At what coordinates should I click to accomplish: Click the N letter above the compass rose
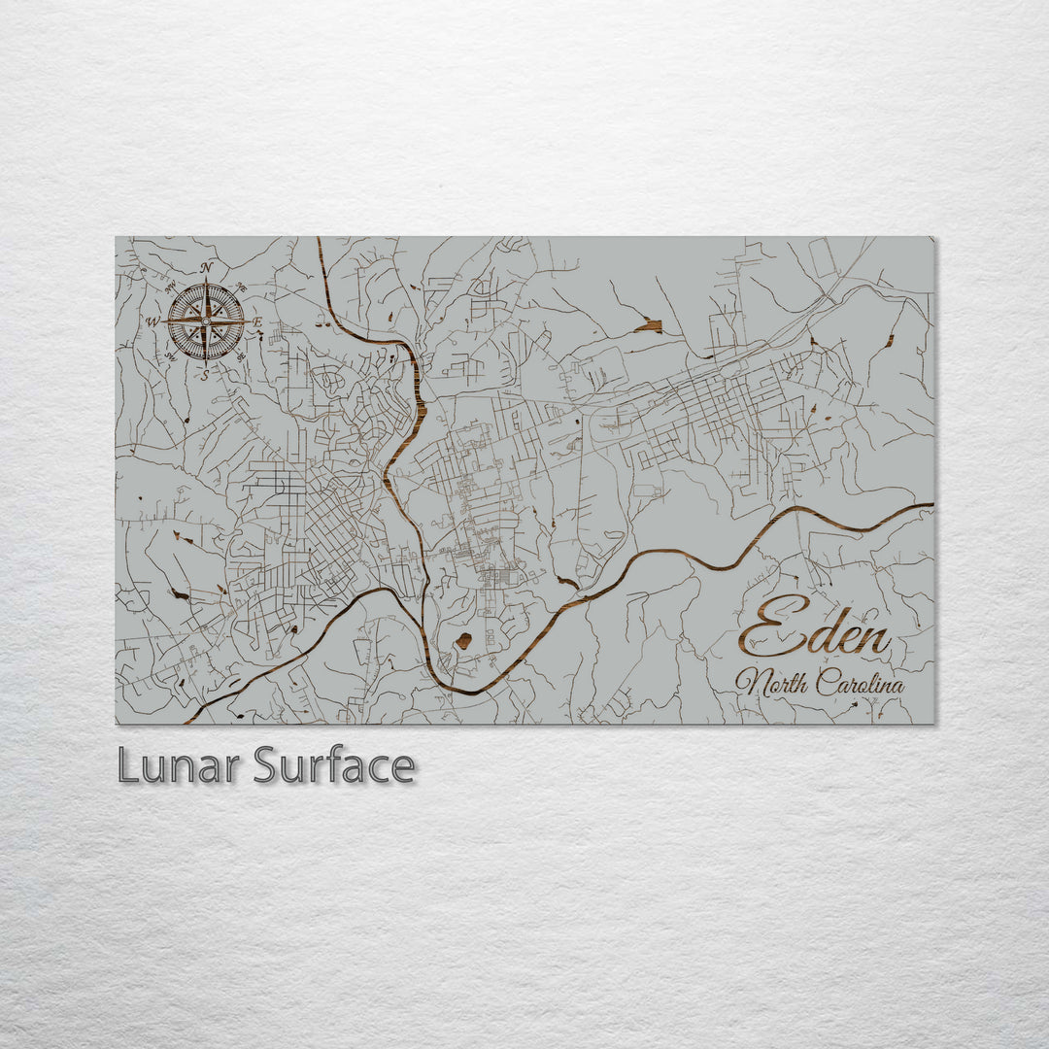(x=206, y=267)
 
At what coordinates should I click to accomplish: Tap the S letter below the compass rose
(x=205, y=375)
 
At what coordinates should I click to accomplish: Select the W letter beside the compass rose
(x=152, y=321)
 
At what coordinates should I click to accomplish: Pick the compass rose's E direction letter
(x=258, y=321)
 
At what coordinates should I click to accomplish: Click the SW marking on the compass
(x=169, y=356)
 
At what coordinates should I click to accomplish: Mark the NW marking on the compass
(x=170, y=287)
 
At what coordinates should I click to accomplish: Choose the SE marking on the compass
(x=242, y=356)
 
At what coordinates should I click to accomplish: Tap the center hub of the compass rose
(x=206, y=321)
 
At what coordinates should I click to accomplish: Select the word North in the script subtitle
(x=772, y=683)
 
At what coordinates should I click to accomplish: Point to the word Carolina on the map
(x=860, y=684)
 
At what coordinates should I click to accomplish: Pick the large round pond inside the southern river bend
(x=464, y=641)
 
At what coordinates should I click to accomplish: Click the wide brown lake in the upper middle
(x=649, y=325)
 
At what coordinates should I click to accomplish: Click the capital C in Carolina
(x=825, y=683)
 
